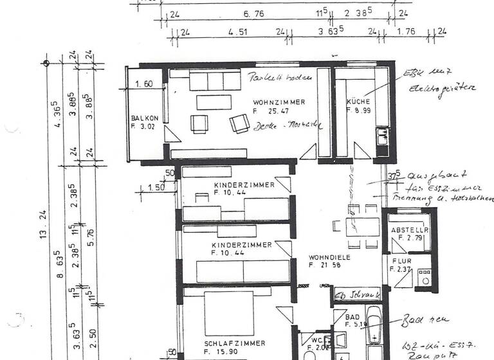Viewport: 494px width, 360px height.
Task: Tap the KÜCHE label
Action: click(x=357, y=102)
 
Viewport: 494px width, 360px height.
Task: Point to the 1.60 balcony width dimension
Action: click(x=143, y=84)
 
